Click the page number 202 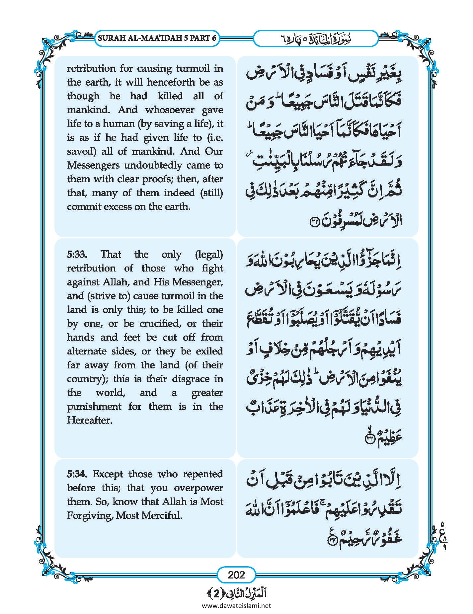(x=236, y=575)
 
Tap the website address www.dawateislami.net (x=236, y=605)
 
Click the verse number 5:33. (x=77, y=255)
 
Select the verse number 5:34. (x=77, y=474)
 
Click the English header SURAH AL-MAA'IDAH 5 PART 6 (x=157, y=38)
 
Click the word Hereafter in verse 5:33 (x=89, y=421)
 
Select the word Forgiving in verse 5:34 (x=89, y=515)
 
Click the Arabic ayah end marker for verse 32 (x=314, y=222)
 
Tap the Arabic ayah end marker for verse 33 (x=370, y=439)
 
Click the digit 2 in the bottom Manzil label (x=216, y=594)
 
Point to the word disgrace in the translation (x=191, y=379)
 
